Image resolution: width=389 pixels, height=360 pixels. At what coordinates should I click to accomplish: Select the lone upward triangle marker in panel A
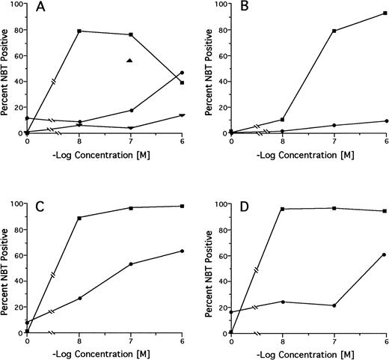pyautogui.click(x=130, y=61)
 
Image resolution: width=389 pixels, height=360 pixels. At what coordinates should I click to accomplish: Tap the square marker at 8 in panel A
pyautogui.click(x=79, y=31)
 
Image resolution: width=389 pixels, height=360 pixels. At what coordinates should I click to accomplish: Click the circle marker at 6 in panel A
pyautogui.click(x=183, y=73)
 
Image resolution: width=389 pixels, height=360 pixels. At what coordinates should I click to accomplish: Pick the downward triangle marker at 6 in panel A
pyautogui.click(x=183, y=115)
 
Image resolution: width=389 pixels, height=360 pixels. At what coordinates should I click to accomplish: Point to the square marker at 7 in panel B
pyautogui.click(x=334, y=31)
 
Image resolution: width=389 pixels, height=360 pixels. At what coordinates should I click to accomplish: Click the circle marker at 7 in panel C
pyautogui.click(x=130, y=264)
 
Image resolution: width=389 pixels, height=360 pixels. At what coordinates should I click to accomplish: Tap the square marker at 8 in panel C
pyautogui.click(x=79, y=218)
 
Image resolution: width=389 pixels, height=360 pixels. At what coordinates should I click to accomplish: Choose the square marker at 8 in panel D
pyautogui.click(x=283, y=209)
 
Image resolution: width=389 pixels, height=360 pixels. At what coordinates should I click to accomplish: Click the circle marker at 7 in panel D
pyautogui.click(x=334, y=305)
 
